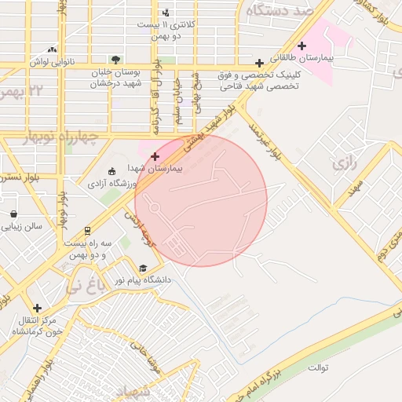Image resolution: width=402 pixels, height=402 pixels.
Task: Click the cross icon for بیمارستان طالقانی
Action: coord(301,46)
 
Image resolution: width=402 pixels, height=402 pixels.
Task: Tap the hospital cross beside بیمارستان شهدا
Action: coord(155,157)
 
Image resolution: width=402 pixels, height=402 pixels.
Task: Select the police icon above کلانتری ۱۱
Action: coord(166,13)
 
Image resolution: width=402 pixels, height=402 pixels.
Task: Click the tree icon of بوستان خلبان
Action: coord(116,59)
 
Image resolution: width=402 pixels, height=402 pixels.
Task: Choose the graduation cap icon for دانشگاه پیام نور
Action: coord(142,268)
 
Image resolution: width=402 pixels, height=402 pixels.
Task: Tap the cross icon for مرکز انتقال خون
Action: coord(36,307)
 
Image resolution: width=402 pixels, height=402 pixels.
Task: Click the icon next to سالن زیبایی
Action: coord(14,214)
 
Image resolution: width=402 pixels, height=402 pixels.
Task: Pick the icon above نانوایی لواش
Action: coord(52,49)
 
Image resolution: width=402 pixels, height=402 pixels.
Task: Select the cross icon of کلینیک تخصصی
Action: coord(259,63)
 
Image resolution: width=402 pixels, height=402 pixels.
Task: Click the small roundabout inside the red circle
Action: coord(155,208)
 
